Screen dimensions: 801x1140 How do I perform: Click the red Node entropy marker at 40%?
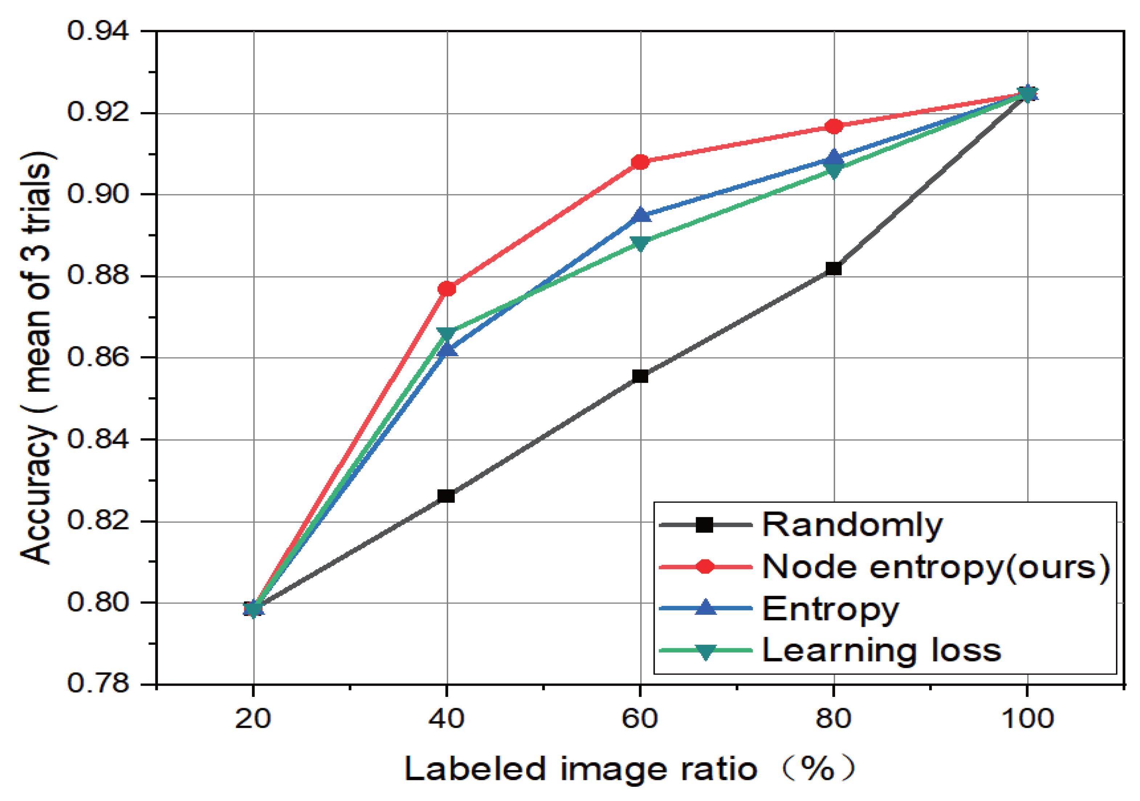click(x=447, y=289)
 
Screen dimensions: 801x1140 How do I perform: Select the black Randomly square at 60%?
click(x=640, y=376)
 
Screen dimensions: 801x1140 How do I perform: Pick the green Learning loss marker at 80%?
click(x=834, y=171)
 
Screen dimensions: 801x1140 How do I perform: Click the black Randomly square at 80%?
click(x=834, y=268)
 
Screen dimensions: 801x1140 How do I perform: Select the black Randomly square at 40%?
click(x=446, y=496)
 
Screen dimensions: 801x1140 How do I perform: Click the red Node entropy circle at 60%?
click(x=640, y=162)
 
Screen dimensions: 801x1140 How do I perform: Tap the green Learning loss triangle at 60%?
click(x=640, y=243)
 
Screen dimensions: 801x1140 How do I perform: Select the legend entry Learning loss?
click(x=881, y=650)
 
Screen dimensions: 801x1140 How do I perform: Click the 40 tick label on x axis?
click(x=446, y=719)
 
